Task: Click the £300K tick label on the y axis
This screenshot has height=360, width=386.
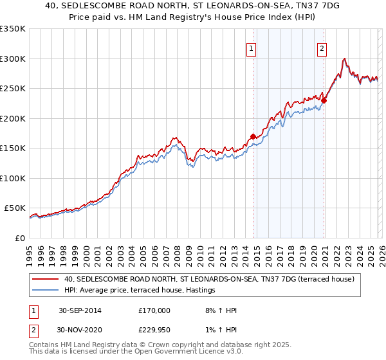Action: (13, 59)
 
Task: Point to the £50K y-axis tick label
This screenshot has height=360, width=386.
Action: (15, 208)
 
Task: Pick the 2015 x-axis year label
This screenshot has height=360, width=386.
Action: (257, 253)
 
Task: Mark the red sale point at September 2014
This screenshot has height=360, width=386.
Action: (253, 136)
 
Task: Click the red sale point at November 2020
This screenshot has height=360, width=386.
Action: (324, 100)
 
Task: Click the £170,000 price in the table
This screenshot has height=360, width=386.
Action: (154, 310)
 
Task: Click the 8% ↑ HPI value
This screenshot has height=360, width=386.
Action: (217, 310)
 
